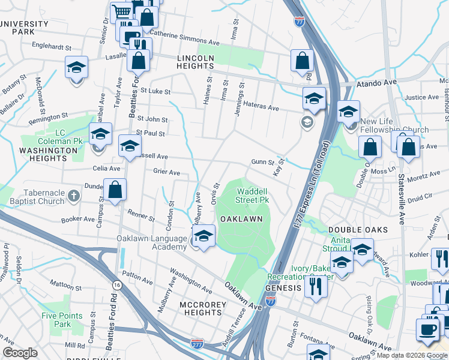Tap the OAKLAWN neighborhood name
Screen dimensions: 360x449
pyautogui.click(x=241, y=219)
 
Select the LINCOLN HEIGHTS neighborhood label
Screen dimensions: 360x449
pyautogui.click(x=196, y=62)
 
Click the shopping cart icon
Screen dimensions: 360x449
pyautogui.click(x=122, y=11)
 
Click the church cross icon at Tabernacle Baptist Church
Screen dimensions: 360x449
pyautogui.click(x=73, y=196)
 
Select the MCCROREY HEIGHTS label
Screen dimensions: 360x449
pyautogui.click(x=202, y=308)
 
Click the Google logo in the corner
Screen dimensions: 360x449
pyautogui.click(x=20, y=353)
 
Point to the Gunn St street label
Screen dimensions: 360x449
pyautogui.click(x=262, y=162)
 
